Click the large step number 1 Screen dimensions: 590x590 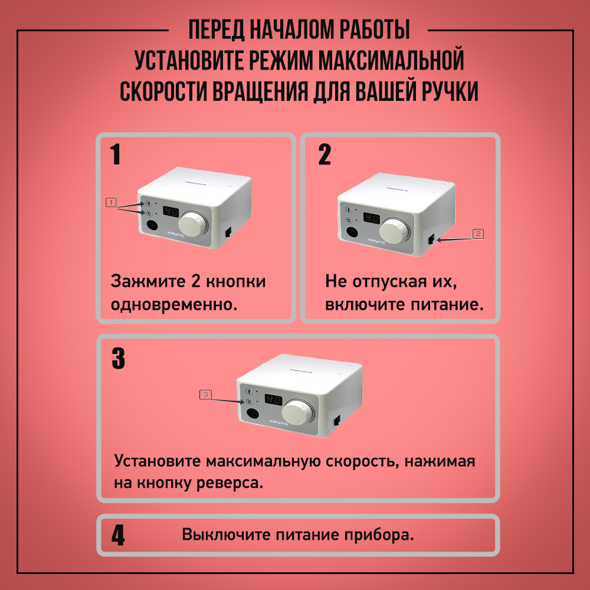tap(115, 154)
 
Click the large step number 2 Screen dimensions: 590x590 tap(324, 154)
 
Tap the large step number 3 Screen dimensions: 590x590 tap(118, 358)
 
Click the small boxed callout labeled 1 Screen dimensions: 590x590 tap(111, 202)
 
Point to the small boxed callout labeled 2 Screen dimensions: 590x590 tap(478, 234)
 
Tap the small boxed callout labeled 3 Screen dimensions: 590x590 tap(205, 394)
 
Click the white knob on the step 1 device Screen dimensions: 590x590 tap(193, 224)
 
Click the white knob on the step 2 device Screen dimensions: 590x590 tap(394, 231)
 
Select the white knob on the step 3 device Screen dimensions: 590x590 tap(298, 413)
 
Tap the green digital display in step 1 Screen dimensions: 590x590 tap(171, 211)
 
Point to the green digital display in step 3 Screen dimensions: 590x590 tap(274, 399)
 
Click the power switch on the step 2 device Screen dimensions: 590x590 tap(431, 239)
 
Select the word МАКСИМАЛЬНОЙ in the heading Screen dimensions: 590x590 tap(391, 60)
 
